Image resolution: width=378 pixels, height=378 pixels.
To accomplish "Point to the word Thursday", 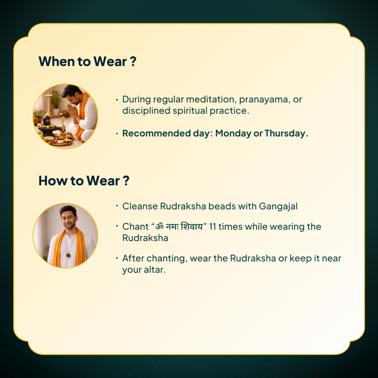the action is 285,133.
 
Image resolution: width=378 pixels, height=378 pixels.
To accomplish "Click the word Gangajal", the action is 278,207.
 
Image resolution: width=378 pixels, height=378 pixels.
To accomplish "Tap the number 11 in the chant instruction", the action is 212,226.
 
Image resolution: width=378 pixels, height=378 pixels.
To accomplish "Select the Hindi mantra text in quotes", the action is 179,226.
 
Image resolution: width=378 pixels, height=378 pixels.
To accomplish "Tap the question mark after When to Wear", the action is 133,62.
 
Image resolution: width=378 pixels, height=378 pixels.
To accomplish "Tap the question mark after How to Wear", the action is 126,181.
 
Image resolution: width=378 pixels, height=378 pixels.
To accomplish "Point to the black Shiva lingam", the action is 47,121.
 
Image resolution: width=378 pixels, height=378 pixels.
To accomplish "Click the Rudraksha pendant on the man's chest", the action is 68,255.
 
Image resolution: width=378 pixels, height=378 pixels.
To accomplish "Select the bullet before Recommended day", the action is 117,133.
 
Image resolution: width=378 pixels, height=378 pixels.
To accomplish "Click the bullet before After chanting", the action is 117,258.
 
